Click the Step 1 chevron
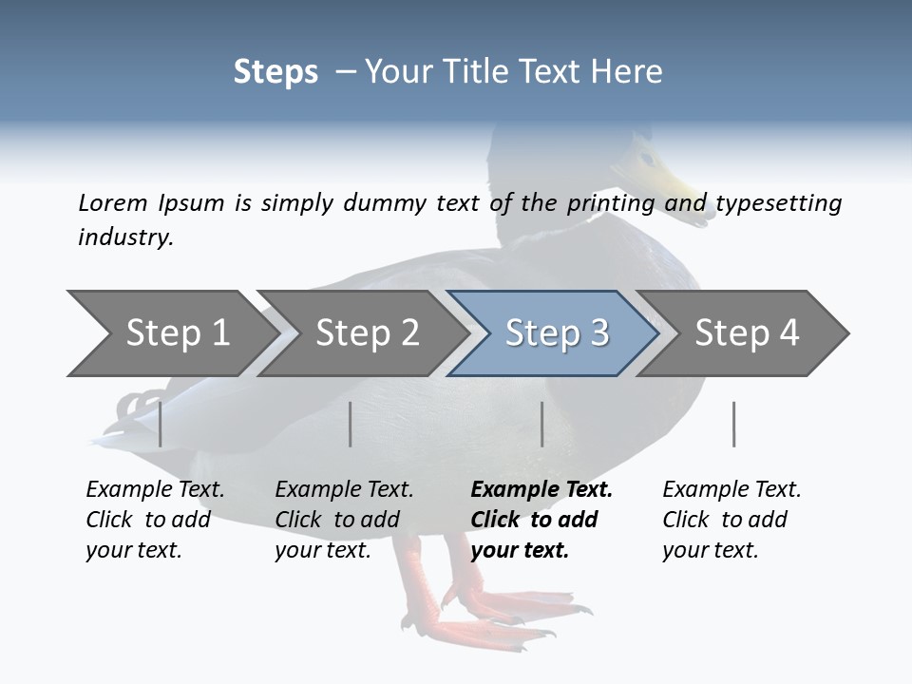[x=171, y=333]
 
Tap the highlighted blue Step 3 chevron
[x=556, y=333]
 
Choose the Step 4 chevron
[x=746, y=333]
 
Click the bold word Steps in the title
[x=275, y=72]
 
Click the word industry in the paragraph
[x=124, y=237]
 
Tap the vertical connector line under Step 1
[x=161, y=424]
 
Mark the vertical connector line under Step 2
[x=351, y=424]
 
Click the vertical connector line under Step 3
[x=541, y=424]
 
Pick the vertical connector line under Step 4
[x=733, y=424]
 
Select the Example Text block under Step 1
[x=155, y=520]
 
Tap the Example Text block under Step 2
[x=344, y=520]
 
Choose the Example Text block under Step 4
[x=731, y=520]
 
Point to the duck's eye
[x=647, y=158]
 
